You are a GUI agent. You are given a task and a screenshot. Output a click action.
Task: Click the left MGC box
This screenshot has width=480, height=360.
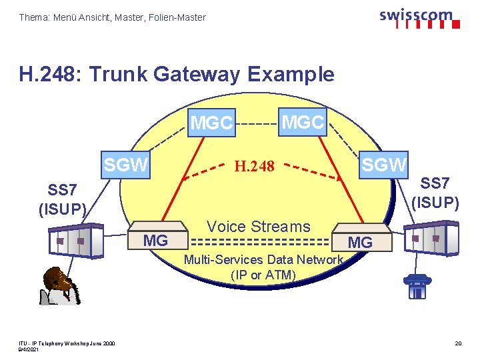click(x=212, y=123)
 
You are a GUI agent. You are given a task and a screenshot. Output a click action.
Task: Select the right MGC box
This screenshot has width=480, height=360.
click(x=303, y=121)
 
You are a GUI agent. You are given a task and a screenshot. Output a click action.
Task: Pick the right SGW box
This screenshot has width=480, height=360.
click(x=384, y=163)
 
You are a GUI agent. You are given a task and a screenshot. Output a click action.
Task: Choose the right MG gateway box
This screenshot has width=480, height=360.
click(x=360, y=241)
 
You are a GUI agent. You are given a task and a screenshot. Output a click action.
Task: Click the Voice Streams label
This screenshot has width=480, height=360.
click(x=259, y=227)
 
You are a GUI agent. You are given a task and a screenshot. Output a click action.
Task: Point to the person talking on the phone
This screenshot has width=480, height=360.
click(x=59, y=286)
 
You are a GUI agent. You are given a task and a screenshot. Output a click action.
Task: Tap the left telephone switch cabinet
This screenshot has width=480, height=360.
click(x=77, y=239)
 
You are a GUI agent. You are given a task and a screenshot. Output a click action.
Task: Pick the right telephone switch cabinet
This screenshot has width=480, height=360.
click(x=433, y=237)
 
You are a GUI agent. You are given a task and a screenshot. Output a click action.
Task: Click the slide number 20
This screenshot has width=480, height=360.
click(x=458, y=343)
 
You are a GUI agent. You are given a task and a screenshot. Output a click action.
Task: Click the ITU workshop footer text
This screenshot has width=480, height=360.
click(x=67, y=343)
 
